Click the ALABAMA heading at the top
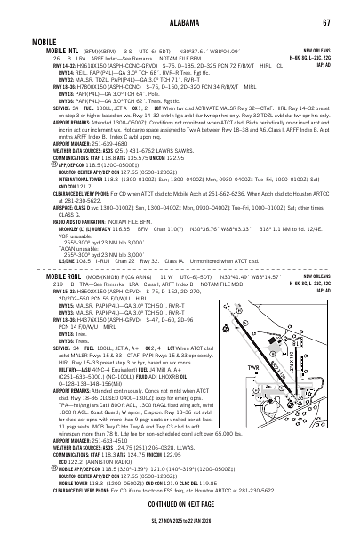click(180, 9)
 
